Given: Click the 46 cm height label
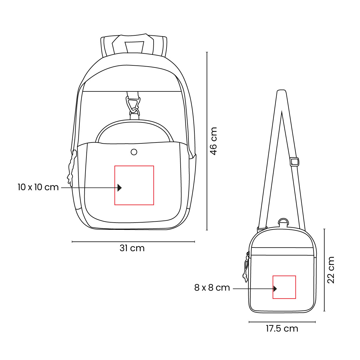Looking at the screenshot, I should click(x=213, y=141).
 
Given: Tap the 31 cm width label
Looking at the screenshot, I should click(x=132, y=248).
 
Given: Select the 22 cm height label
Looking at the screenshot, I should click(x=331, y=270).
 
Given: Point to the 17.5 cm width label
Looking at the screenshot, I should click(x=282, y=328).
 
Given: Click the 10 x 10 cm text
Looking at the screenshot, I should click(x=38, y=187).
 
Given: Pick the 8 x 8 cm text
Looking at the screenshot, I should click(x=212, y=288).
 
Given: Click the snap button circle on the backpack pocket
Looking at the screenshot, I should click(x=134, y=152).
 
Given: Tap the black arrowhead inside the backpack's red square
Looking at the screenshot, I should click(x=119, y=187).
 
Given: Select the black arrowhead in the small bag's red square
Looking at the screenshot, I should click(x=275, y=289).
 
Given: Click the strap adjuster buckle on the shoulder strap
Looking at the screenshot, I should click(x=295, y=162).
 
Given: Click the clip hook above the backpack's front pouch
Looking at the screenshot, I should click(x=133, y=106).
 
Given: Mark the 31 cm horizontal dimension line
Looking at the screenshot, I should click(x=133, y=241).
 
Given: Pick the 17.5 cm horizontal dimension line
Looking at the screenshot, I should click(x=282, y=322).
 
